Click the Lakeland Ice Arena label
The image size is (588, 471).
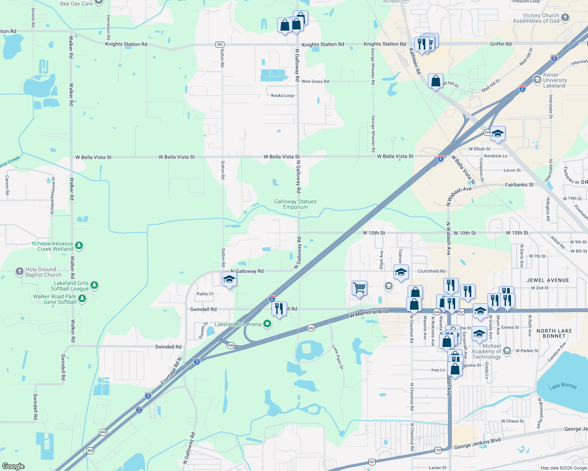pyautogui.click(x=238, y=324)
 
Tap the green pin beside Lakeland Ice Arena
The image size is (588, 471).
pyautogui.click(x=267, y=324)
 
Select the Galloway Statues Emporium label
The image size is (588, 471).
pyautogui.click(x=295, y=204)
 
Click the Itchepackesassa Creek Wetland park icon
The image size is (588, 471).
pyautogui.click(x=79, y=246)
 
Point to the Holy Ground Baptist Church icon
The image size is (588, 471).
pyautogui.click(x=19, y=271)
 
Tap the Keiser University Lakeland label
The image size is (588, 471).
pyautogui.click(x=555, y=80)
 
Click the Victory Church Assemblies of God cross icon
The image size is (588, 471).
pyautogui.click(x=565, y=17)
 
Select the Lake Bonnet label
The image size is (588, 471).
pyautogui.click(x=563, y=386)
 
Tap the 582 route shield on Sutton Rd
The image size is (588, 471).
pyautogui.click(x=220, y=44)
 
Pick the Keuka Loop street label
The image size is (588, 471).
pyautogui.click(x=283, y=95)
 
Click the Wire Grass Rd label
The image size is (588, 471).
pyautogui.click(x=315, y=81)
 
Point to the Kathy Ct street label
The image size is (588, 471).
pyautogui.click(x=205, y=294)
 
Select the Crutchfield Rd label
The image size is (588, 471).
pyautogui.click(x=431, y=271)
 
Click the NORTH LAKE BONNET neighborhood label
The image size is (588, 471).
pyautogui.click(x=554, y=333)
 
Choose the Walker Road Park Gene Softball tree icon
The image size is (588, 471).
pyautogui.click(x=82, y=299)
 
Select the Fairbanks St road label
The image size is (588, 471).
pyautogui.click(x=519, y=184)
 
